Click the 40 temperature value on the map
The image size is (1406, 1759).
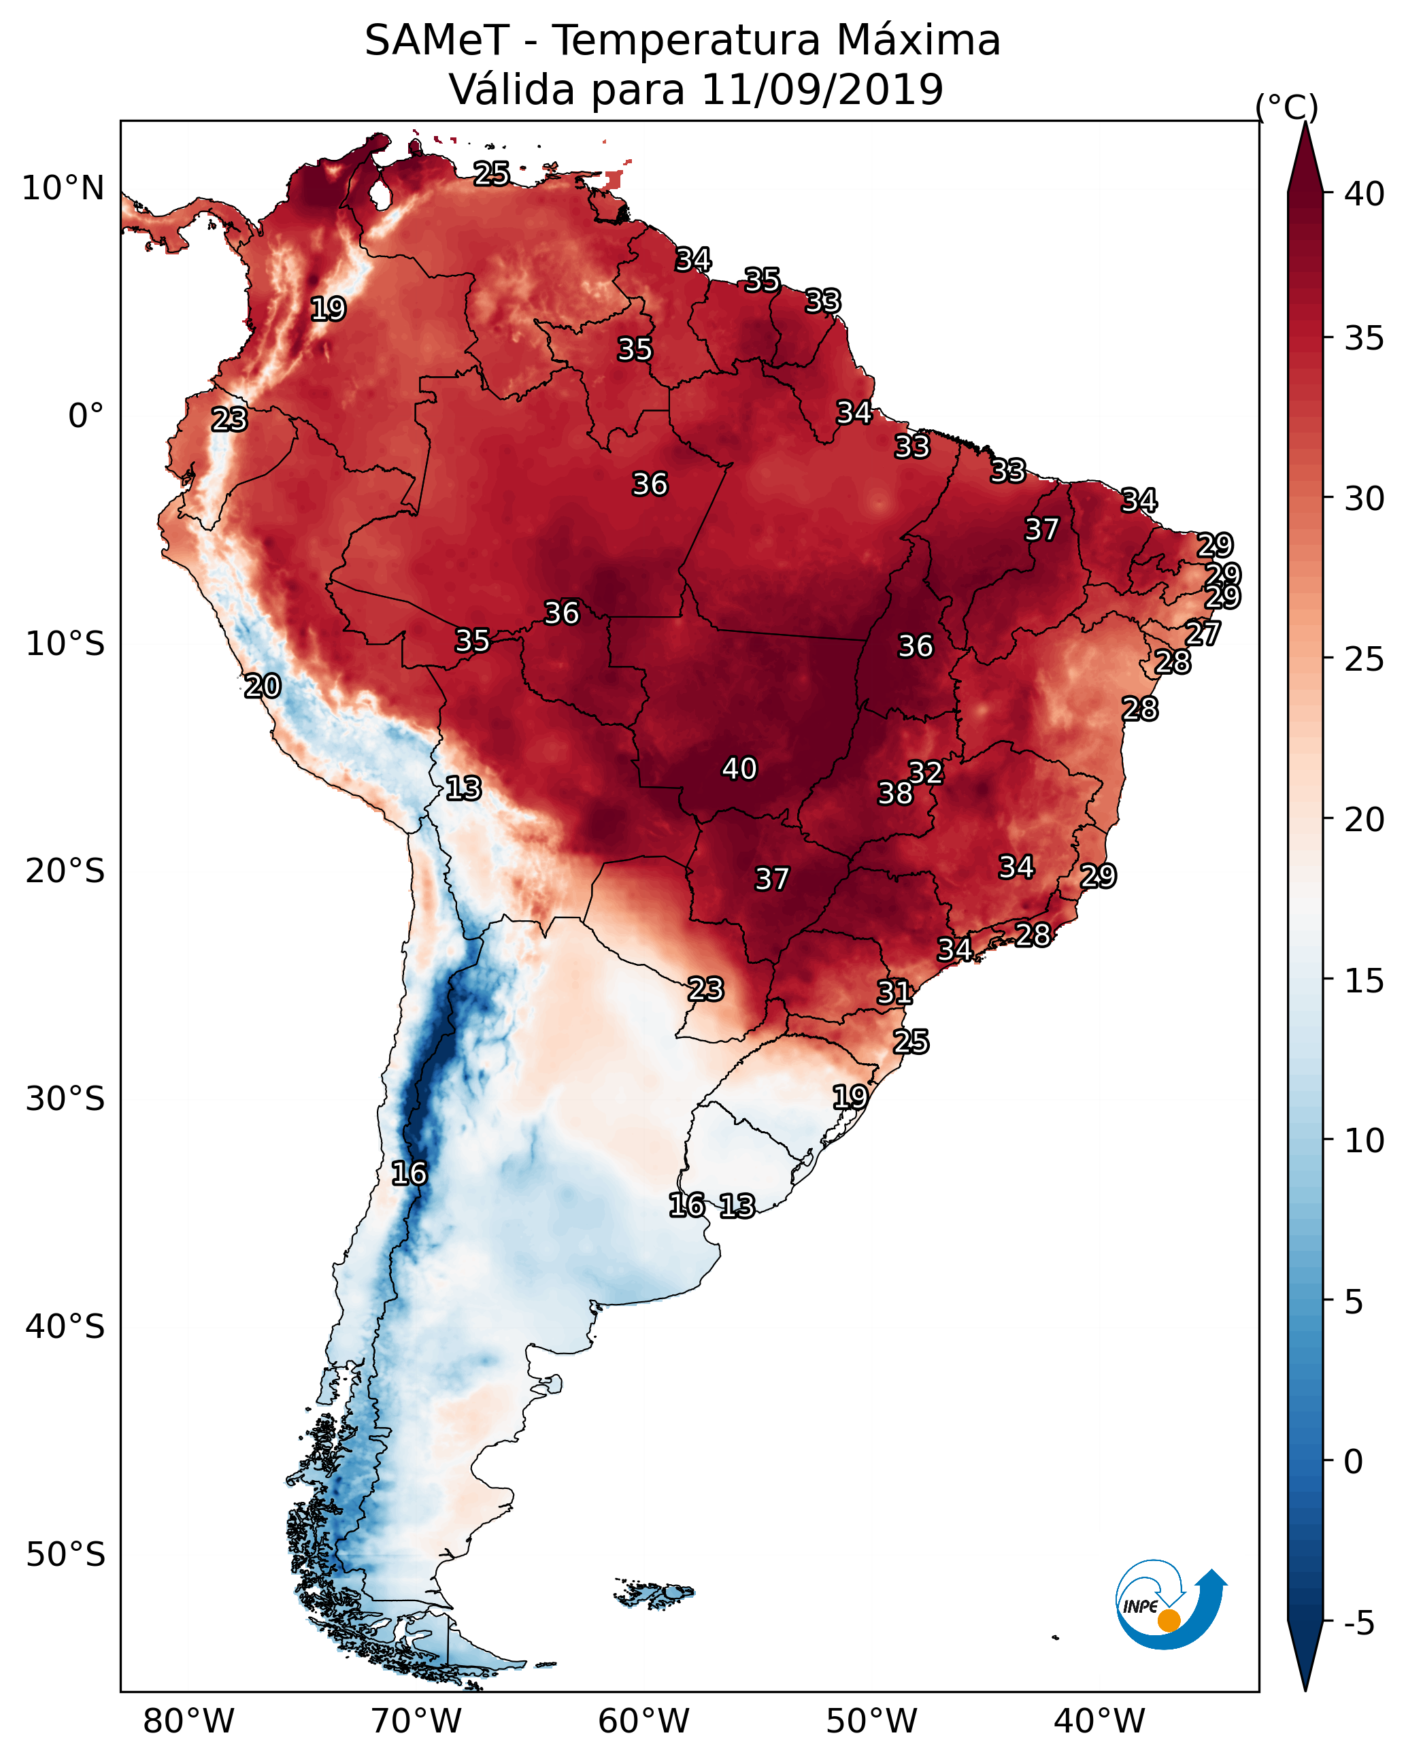[x=739, y=769]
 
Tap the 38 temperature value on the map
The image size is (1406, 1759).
[x=895, y=793]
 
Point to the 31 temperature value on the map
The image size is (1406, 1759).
[x=894, y=992]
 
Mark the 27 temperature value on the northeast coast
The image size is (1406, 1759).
[x=1203, y=633]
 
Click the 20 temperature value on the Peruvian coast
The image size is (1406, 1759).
[x=263, y=686]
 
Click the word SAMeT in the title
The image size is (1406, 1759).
[x=437, y=41]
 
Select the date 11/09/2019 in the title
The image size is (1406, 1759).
[x=822, y=90]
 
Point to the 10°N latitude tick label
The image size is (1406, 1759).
[x=63, y=188]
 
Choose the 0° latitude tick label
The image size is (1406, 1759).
[x=86, y=416]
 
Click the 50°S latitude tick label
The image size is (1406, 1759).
[x=65, y=1555]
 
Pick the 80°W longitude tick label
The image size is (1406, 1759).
[x=188, y=1721]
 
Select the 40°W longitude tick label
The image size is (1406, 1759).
[x=1099, y=1721]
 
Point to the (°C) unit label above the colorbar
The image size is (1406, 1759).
[x=1287, y=107]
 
